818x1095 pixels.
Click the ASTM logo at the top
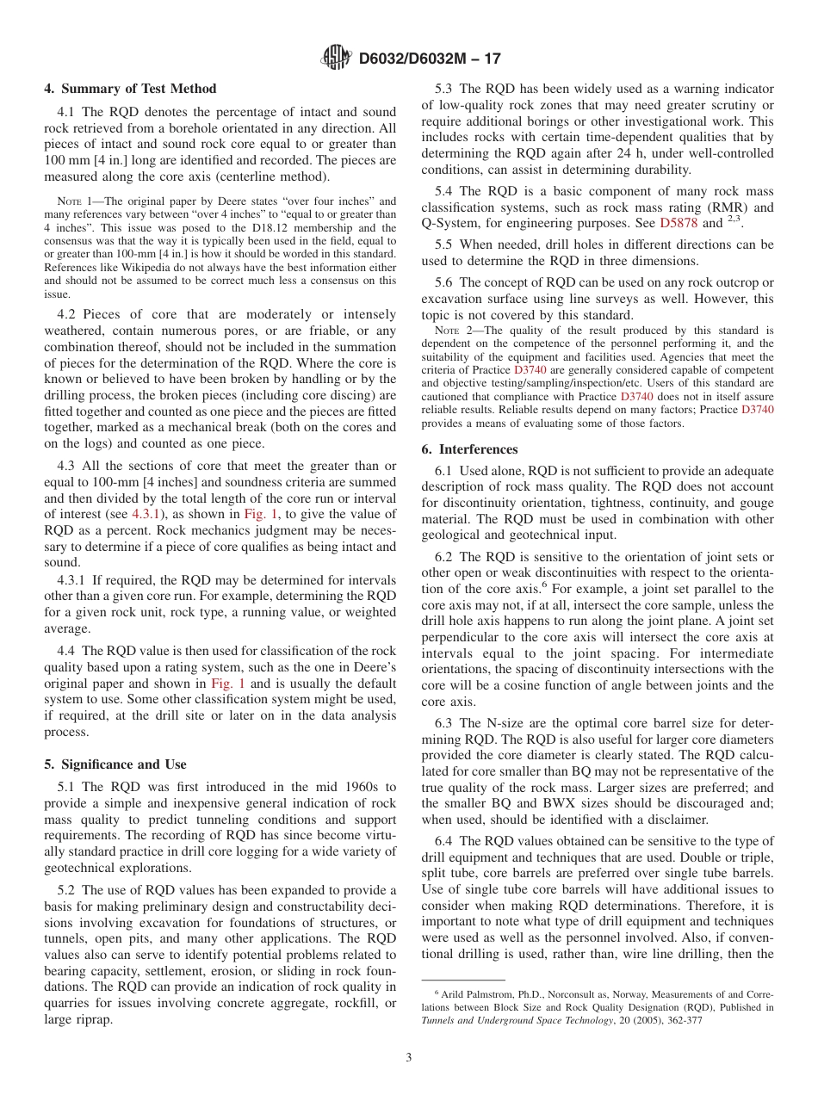[336, 58]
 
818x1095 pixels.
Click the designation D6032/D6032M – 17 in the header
[429, 59]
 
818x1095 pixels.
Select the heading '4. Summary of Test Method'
[130, 89]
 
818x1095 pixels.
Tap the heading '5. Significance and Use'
[115, 764]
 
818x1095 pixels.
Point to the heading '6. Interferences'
[469, 449]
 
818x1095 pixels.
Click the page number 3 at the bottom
[409, 1057]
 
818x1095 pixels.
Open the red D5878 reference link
[679, 222]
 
